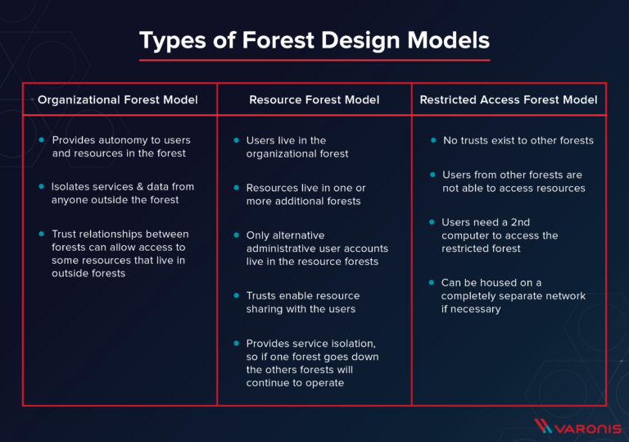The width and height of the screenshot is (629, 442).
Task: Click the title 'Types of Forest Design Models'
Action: click(x=314, y=40)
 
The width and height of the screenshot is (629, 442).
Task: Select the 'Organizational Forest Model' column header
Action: click(x=118, y=100)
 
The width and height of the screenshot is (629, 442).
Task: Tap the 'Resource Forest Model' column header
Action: click(x=314, y=100)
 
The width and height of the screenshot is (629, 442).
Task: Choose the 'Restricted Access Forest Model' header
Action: click(x=509, y=100)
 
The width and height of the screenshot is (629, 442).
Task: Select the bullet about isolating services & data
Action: click(x=122, y=194)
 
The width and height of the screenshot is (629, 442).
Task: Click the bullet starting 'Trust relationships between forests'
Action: click(x=120, y=253)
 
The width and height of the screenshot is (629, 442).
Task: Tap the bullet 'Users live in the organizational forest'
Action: click(x=296, y=147)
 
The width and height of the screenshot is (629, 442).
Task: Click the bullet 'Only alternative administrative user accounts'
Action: click(x=316, y=248)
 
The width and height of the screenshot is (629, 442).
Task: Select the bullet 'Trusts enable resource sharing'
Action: click(x=302, y=302)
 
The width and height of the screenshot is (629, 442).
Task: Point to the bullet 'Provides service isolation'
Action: click(x=312, y=362)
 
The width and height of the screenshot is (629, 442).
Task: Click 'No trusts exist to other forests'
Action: click(x=518, y=140)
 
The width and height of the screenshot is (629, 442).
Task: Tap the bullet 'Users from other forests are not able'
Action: click(x=514, y=181)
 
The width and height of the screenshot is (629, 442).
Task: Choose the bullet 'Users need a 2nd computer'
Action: click(x=500, y=235)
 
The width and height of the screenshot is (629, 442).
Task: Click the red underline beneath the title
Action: click(x=314, y=59)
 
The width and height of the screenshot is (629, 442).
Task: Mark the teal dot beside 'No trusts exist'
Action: click(x=434, y=140)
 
